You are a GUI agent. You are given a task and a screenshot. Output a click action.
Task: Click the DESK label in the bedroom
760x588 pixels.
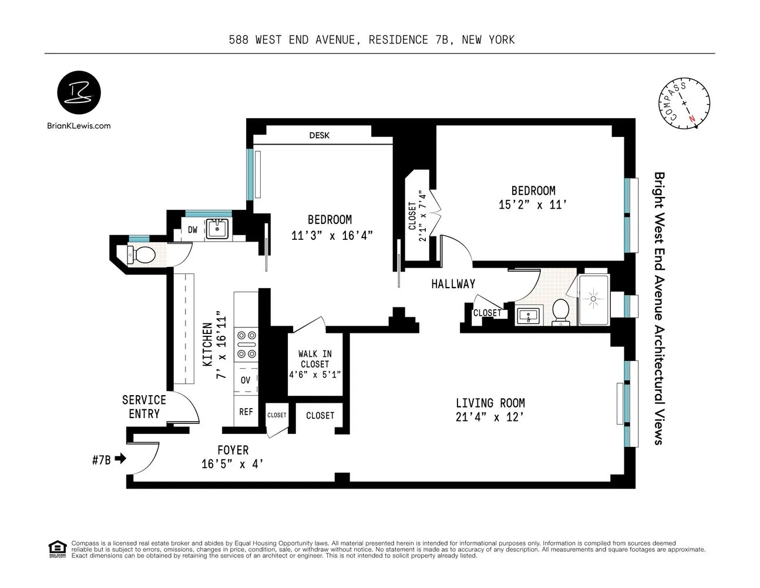(x=320, y=135)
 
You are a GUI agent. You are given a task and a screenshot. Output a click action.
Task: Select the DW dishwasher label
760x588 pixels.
(x=193, y=230)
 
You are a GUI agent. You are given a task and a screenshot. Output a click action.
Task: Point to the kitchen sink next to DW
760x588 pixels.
(x=217, y=229)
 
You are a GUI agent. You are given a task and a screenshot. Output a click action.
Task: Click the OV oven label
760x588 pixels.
(x=246, y=380)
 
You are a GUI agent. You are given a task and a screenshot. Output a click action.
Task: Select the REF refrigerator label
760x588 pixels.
(x=246, y=412)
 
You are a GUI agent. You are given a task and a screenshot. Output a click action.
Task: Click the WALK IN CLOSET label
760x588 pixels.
(x=315, y=359)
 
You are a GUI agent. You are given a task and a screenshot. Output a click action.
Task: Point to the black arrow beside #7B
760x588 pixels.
(x=120, y=459)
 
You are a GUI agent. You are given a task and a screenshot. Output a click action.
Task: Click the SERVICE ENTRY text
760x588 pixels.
(x=144, y=407)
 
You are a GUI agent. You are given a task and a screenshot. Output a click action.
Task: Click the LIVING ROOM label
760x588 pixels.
(x=490, y=403)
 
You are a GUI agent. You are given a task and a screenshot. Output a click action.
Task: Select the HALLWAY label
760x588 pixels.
(x=453, y=284)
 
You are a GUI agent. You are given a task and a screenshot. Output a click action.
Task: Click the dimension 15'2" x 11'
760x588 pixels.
(x=533, y=205)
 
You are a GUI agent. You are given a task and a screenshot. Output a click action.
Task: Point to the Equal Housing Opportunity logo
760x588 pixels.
(x=56, y=547)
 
